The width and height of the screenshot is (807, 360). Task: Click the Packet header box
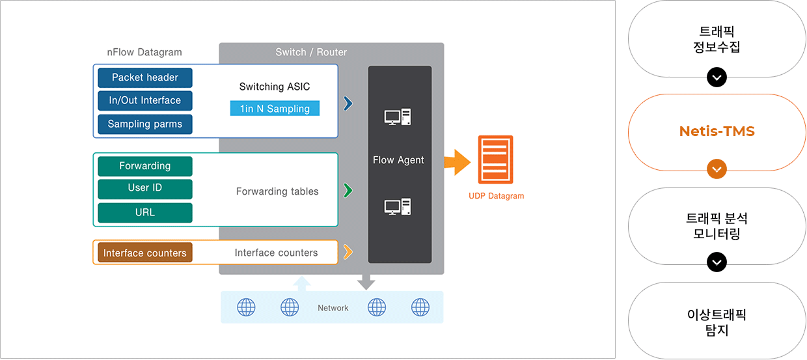(145, 77)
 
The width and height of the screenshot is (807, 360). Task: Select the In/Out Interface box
(145, 100)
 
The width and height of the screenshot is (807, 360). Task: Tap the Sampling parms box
(145, 124)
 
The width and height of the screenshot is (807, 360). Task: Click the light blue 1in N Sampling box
(275, 109)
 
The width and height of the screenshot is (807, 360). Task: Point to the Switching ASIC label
(275, 87)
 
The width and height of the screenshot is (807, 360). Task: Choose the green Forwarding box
(145, 166)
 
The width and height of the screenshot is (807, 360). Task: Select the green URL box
(145, 213)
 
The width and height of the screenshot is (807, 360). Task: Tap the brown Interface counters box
(145, 253)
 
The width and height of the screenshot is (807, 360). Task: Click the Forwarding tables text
(277, 191)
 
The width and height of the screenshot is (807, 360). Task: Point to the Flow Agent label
(398, 160)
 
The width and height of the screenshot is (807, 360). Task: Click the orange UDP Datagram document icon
(495, 159)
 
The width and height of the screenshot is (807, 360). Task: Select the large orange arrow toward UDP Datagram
(457, 162)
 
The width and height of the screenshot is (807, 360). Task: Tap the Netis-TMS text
(717, 131)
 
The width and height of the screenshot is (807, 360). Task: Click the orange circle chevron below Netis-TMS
(717, 169)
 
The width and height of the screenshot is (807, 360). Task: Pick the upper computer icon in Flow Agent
(398, 117)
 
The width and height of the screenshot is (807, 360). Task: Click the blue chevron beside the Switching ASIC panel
(348, 104)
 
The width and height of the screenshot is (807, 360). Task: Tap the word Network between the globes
(333, 308)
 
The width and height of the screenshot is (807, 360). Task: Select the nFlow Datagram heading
(144, 52)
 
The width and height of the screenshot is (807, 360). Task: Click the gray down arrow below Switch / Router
(366, 282)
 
